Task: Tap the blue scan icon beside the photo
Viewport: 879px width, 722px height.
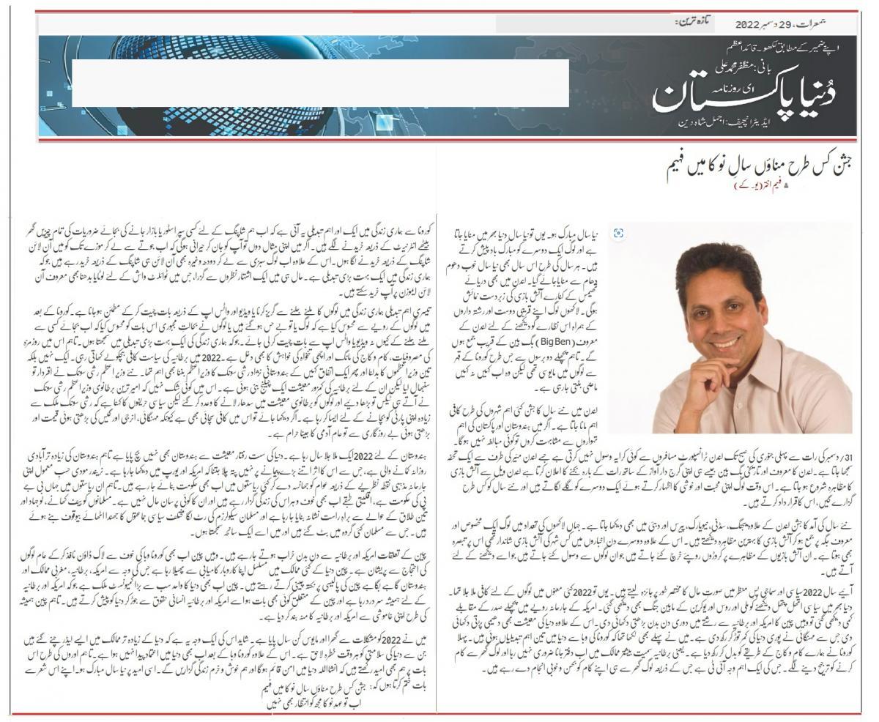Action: tap(619, 233)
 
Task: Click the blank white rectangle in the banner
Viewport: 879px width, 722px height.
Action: tap(320, 83)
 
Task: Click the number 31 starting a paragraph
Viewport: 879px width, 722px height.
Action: tap(843, 456)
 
